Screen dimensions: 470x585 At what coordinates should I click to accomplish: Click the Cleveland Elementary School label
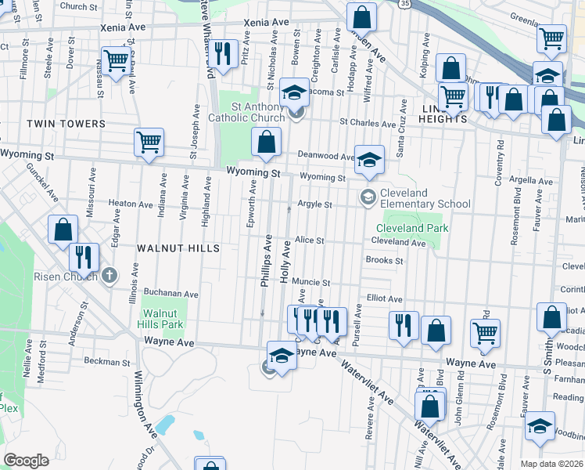pyautogui.click(x=425, y=198)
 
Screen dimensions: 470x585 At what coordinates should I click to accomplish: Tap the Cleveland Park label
pyautogui.click(x=412, y=229)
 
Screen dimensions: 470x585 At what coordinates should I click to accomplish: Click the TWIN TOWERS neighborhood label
pyautogui.click(x=66, y=124)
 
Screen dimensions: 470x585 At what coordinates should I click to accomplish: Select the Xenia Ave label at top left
pyautogui.click(x=123, y=27)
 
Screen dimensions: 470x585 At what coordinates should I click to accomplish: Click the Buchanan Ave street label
pyautogui.click(x=170, y=294)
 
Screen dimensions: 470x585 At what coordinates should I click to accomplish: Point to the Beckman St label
pyautogui.click(x=106, y=363)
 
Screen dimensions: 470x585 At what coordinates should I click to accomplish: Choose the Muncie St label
pyautogui.click(x=310, y=282)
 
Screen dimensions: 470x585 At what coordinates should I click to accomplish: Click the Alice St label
pyautogui.click(x=310, y=240)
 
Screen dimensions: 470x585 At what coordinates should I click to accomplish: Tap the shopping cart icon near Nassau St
pyautogui.click(x=116, y=60)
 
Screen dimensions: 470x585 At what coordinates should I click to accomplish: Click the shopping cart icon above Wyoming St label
pyautogui.click(x=149, y=142)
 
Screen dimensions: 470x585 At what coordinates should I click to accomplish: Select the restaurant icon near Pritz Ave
pyautogui.click(x=224, y=54)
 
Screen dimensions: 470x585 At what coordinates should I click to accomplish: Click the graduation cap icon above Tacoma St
pyautogui.click(x=295, y=92)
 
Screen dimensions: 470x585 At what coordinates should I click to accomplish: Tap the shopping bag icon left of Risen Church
pyautogui.click(x=63, y=230)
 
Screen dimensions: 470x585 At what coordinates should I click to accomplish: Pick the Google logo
pyautogui.click(x=26, y=461)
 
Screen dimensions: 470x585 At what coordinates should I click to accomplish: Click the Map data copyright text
pyautogui.click(x=552, y=464)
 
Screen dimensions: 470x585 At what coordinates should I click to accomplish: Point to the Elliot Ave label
pyautogui.click(x=384, y=298)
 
